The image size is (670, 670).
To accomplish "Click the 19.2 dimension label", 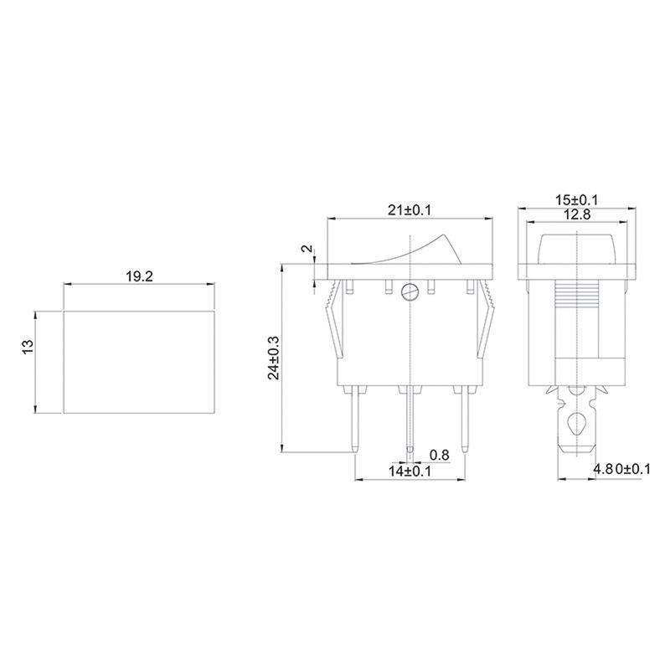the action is pos(139,276).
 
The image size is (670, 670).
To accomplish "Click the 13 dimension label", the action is pos(28,346).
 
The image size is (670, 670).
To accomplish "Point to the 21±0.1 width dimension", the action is pos(410,210).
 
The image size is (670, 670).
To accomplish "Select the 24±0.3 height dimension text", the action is pos(274,358).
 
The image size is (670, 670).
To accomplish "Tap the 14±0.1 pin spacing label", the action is pos(410,472).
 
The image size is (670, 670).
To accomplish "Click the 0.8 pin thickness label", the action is pos(439,455).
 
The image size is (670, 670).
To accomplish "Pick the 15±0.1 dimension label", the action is pos(576,200).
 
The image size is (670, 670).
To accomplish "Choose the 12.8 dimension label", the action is pos(577,214).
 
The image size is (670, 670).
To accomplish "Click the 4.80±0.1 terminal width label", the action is pos(621,469).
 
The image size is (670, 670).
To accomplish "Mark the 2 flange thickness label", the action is pos(307,249).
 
